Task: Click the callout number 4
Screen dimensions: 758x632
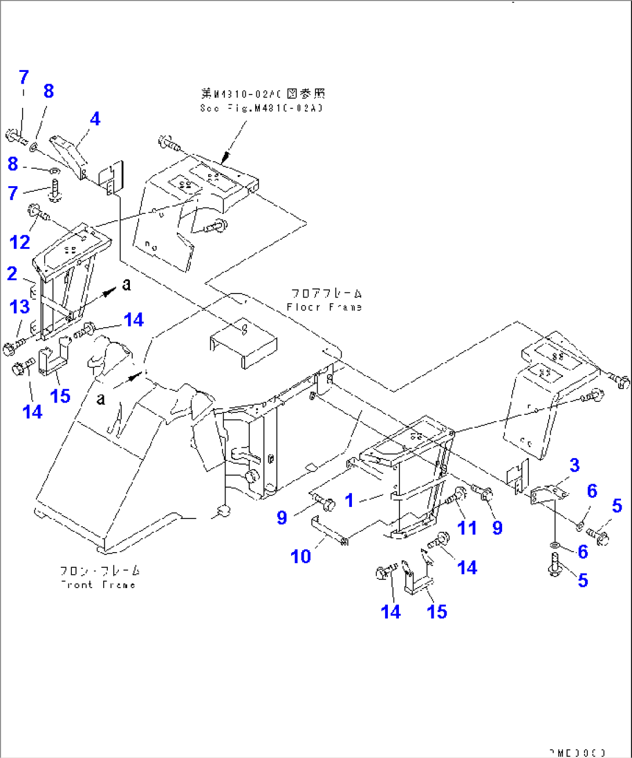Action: (95, 119)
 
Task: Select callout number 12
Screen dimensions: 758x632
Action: (20, 242)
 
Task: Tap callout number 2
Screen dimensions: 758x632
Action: (12, 274)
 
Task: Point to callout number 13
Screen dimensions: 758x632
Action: (20, 306)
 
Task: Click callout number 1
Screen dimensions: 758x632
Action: (349, 500)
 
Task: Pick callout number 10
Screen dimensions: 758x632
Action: (300, 556)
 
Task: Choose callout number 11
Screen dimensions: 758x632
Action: (467, 527)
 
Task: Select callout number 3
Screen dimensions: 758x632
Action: (574, 465)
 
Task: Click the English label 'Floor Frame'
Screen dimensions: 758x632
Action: (324, 307)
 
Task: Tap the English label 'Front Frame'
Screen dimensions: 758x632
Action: (98, 585)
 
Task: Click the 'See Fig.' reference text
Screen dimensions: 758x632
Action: (261, 108)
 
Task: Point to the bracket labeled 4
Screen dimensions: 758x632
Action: (69, 149)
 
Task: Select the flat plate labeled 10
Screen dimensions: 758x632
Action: (328, 529)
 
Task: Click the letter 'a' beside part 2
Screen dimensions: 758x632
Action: (126, 284)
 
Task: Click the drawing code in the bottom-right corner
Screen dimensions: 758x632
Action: (577, 752)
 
